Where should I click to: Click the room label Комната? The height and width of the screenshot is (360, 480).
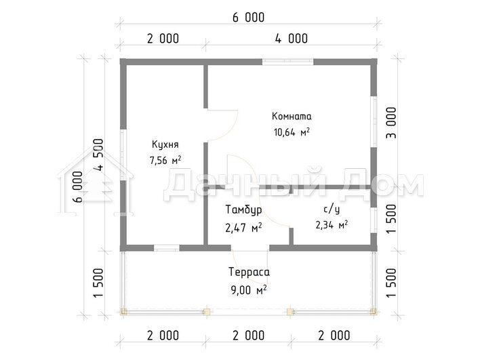(292, 117)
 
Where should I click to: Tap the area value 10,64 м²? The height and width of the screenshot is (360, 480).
(292, 132)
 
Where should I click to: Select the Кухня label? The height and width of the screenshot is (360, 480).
(165, 145)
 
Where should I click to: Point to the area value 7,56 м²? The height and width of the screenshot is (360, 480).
(165, 160)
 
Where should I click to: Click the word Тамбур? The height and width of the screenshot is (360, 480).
(243, 210)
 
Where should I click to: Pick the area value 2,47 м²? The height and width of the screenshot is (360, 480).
(243, 227)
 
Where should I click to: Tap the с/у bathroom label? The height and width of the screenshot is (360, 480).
(332, 209)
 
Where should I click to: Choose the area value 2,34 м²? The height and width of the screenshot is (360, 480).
(332, 225)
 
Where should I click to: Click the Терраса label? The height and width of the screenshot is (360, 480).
(249, 272)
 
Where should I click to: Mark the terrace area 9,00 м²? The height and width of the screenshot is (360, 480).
(249, 289)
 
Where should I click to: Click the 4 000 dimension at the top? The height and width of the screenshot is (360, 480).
(291, 39)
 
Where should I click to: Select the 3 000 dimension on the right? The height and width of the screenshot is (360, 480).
(391, 123)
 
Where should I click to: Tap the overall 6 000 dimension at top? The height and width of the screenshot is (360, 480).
(248, 17)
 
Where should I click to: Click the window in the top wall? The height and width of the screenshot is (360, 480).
(287, 62)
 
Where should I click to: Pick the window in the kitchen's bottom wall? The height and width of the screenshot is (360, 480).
(167, 247)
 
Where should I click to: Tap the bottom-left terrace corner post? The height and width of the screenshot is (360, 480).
(123, 312)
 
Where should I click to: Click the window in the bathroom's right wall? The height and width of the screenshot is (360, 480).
(374, 220)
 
